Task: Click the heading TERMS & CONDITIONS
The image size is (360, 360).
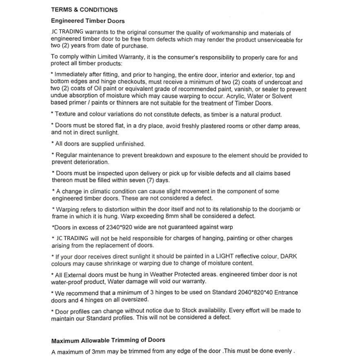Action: [x=84, y=10]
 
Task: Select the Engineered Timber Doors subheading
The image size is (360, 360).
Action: [x=88, y=21]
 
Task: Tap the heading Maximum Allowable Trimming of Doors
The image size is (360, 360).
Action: [x=108, y=340]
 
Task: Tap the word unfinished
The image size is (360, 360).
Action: [x=129, y=144]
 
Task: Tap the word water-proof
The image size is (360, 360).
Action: [x=68, y=282]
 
